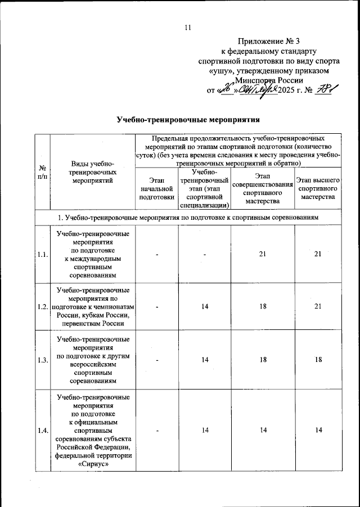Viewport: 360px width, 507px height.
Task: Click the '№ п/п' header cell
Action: pyautogui.click(x=42, y=172)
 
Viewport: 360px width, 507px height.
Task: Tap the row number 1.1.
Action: pyautogui.click(x=42, y=255)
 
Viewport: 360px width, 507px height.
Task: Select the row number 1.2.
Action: pyautogui.click(x=42, y=307)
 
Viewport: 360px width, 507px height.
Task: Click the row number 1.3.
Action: pyautogui.click(x=42, y=360)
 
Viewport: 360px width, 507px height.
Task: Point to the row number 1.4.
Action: pyautogui.click(x=42, y=430)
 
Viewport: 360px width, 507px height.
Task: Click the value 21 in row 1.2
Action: pyautogui.click(x=318, y=307)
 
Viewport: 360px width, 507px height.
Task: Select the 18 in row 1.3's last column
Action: pyautogui.click(x=318, y=360)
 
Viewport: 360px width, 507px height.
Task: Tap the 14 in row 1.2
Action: pyautogui.click(x=206, y=307)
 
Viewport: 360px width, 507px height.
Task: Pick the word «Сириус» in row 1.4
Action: pyautogui.click(x=93, y=465)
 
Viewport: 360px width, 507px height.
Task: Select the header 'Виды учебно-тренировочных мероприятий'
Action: pyautogui.click(x=93, y=172)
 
